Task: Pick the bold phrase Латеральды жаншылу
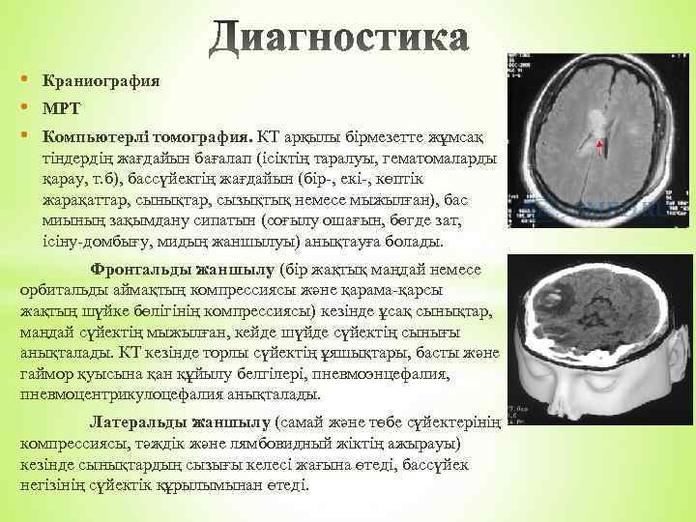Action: pyautogui.click(x=180, y=422)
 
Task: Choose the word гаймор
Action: pyautogui.click(x=44, y=372)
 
